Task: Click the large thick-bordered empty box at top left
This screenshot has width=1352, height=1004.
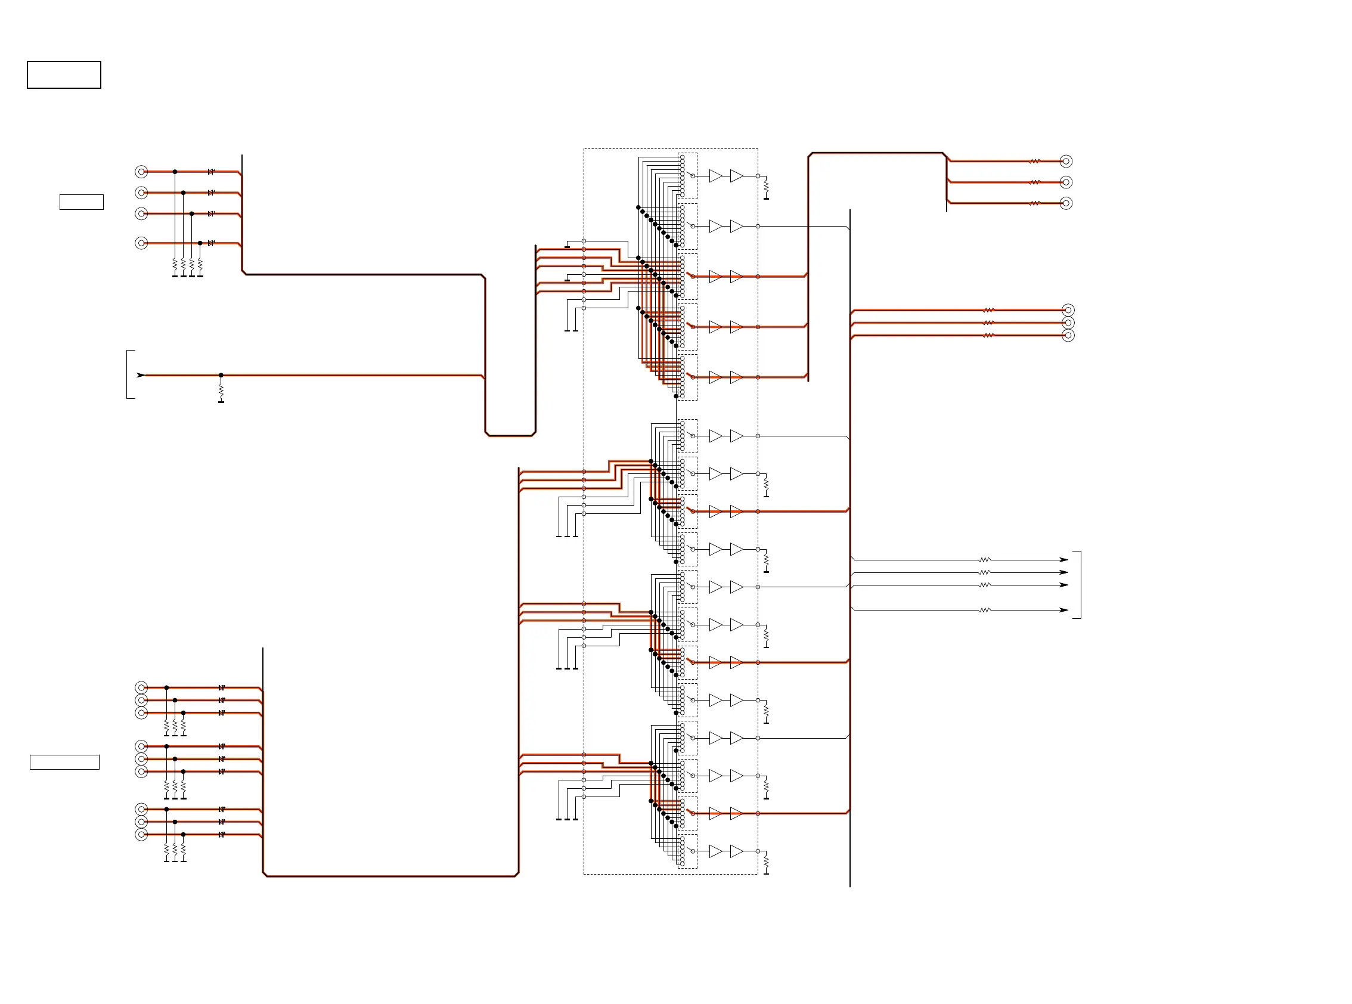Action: [64, 75]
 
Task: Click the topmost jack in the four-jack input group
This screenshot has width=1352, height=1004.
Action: [141, 172]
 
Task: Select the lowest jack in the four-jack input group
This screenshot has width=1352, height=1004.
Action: [141, 243]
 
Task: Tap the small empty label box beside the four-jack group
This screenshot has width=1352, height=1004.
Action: [82, 202]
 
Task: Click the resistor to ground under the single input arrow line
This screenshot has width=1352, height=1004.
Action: [221, 390]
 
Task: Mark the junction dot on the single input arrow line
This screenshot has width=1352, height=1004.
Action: [221, 375]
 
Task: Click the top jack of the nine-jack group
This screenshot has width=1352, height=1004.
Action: [141, 687]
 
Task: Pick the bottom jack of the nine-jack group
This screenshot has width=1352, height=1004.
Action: [141, 835]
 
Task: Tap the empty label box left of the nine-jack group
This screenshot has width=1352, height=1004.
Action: [64, 762]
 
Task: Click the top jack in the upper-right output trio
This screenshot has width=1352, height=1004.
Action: [1066, 161]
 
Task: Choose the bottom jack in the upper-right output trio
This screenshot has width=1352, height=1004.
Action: [1066, 203]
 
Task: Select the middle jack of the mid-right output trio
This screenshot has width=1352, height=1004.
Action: [1068, 323]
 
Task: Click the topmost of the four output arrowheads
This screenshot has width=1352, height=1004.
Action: [1063, 560]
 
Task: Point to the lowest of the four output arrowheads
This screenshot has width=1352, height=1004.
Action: [1063, 610]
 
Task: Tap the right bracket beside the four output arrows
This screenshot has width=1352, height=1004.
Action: [1079, 585]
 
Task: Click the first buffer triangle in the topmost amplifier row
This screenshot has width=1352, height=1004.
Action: [716, 176]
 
